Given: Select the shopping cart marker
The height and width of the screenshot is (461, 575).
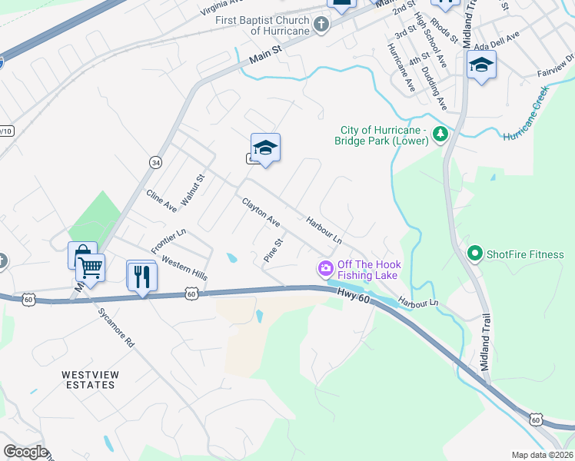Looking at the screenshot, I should (91, 268).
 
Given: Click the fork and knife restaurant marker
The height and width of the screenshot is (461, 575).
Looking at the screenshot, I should (142, 276).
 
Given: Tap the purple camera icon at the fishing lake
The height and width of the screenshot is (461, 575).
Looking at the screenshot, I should (325, 268).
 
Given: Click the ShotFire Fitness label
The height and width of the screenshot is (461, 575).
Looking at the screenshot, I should (525, 254).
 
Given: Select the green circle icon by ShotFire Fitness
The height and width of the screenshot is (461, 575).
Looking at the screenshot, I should (474, 253).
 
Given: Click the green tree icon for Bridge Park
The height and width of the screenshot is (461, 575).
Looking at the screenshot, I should (440, 134).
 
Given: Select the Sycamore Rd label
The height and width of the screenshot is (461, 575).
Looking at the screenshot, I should (116, 328).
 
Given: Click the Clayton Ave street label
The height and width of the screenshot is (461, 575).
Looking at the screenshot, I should (261, 213).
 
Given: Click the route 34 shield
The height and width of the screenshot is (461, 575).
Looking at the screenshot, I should (156, 163).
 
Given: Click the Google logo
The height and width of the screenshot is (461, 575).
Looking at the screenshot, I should (25, 452).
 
